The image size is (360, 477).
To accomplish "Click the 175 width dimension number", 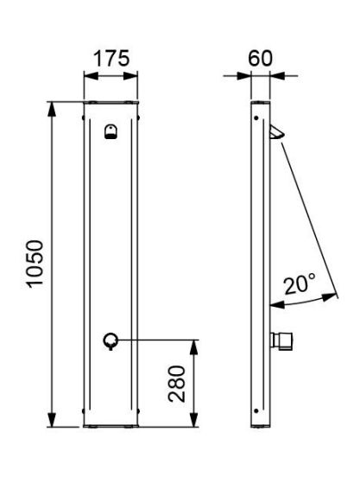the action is pyautogui.click(x=111, y=59).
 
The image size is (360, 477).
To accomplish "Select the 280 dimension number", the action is pyautogui.click(x=177, y=384).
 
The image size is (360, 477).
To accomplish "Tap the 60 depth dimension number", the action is pyautogui.click(x=261, y=58).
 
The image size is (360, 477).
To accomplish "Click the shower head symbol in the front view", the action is pyautogui.click(x=111, y=131).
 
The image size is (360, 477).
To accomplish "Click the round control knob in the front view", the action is pyautogui.click(x=111, y=341).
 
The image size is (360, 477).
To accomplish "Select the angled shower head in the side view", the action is pyautogui.click(x=276, y=131).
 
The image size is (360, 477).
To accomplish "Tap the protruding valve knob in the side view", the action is pyautogui.click(x=281, y=340).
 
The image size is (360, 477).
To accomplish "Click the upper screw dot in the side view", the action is pyautogui.click(x=256, y=118).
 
